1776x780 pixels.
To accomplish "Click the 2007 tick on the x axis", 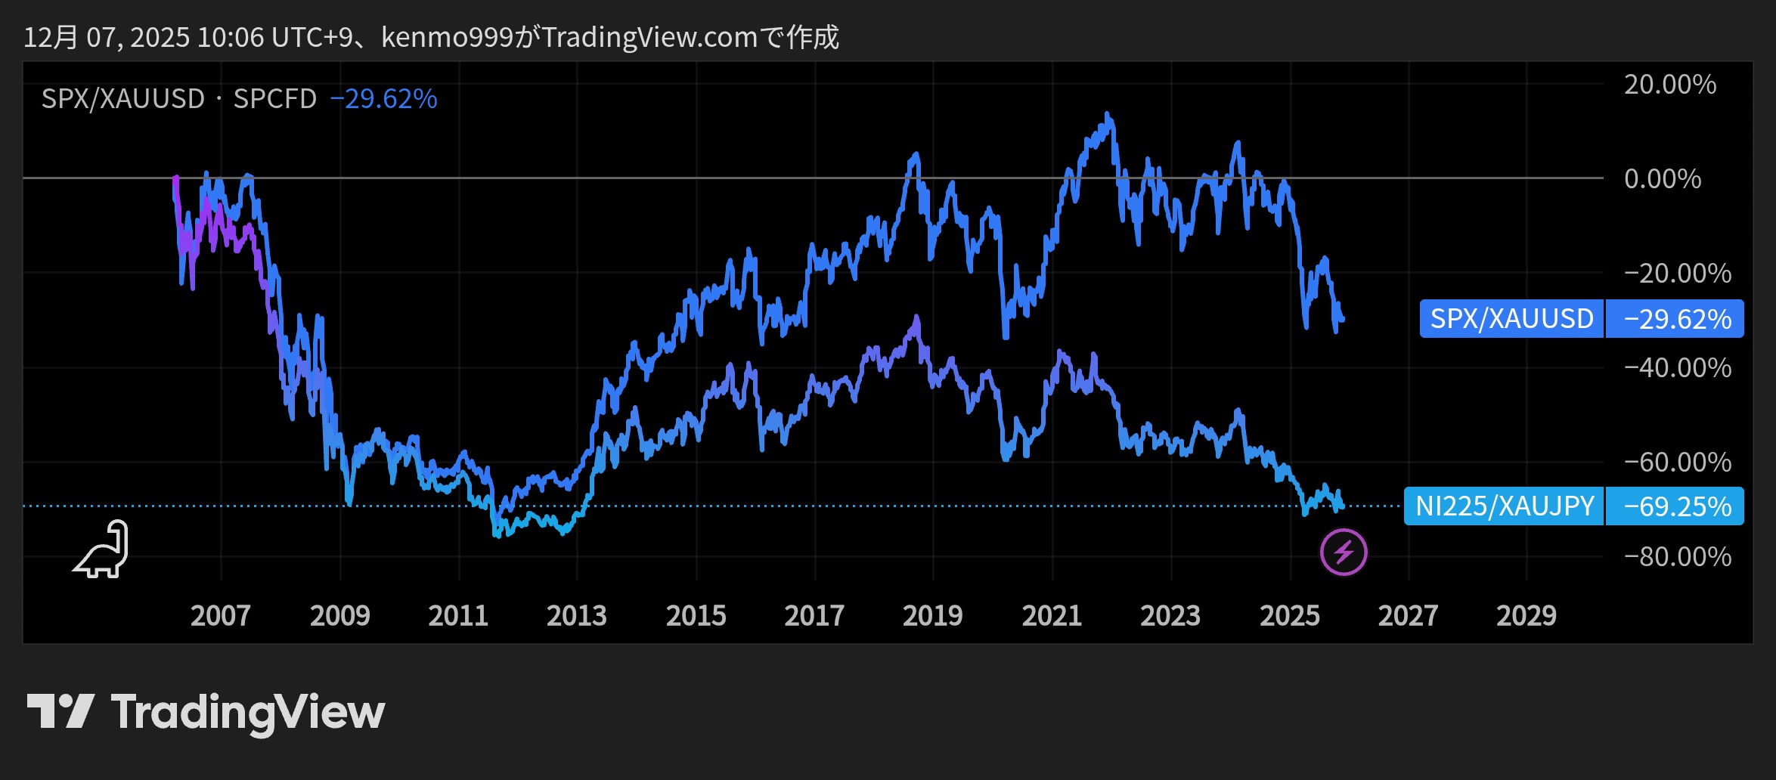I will [x=220, y=615].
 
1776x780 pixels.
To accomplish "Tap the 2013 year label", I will [x=576, y=615].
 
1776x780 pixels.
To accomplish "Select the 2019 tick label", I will [x=932, y=615].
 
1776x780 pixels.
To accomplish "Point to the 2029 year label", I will [x=1526, y=615].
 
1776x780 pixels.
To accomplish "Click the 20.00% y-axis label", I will [x=1669, y=84].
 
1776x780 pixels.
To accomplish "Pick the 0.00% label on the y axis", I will [x=1662, y=179].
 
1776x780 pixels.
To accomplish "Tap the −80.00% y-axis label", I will [x=1677, y=556].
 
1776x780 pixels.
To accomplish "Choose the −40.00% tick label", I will [x=1677, y=367].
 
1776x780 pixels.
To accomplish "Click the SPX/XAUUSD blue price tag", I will [x=1511, y=319].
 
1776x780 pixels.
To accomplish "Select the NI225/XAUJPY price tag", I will [x=1504, y=506].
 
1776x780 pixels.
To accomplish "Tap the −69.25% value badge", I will [x=1676, y=506].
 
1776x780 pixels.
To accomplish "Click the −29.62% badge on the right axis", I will [x=1676, y=319].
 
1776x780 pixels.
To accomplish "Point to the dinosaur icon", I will [x=102, y=550].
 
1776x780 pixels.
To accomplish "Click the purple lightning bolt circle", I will [x=1343, y=552].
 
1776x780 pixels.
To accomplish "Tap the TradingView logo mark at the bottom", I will [x=60, y=711].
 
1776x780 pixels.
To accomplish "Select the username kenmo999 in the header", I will [x=447, y=37].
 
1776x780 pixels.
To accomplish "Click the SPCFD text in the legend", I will [x=274, y=99].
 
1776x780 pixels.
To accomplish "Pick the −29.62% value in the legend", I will [x=383, y=99].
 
